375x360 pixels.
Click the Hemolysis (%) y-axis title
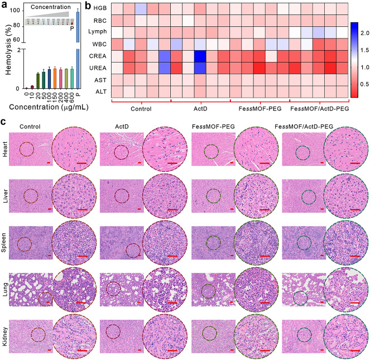click(x=6, y=47)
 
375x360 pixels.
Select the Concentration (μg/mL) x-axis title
click(x=47, y=109)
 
